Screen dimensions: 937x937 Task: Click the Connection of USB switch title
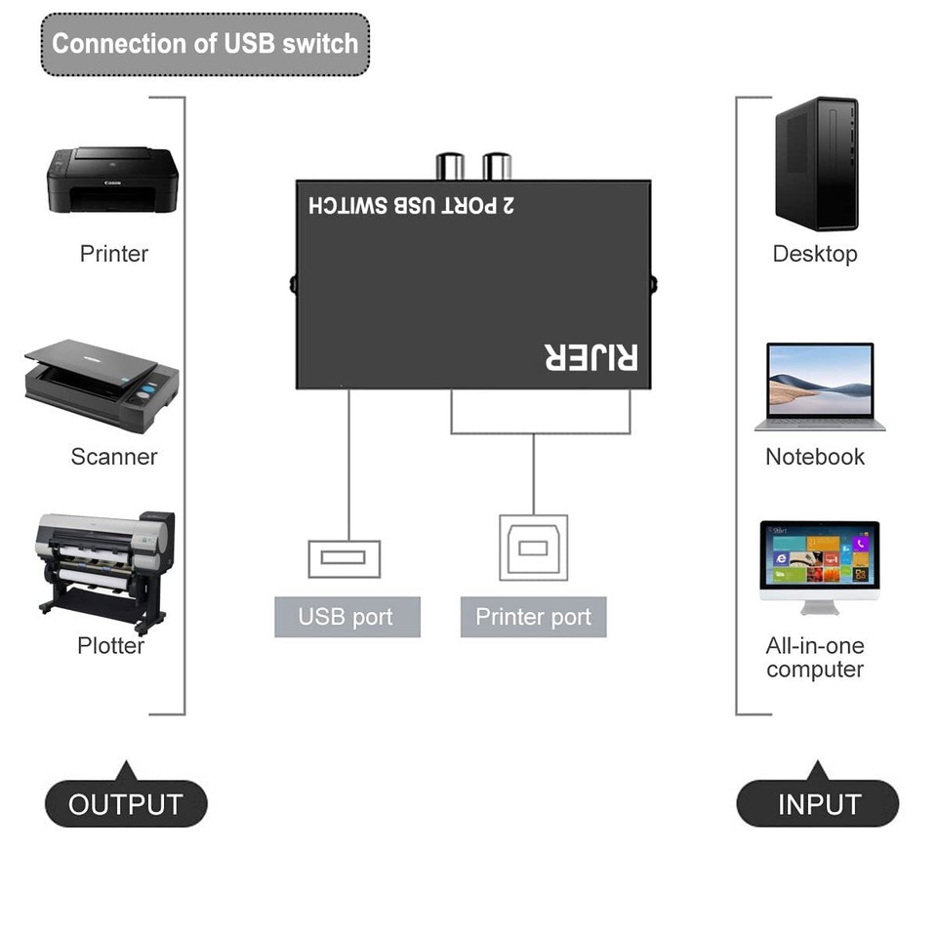[x=205, y=44]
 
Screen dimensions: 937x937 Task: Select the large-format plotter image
[x=105, y=570]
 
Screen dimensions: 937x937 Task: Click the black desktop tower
[x=816, y=163]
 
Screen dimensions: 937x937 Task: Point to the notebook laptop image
[x=819, y=387]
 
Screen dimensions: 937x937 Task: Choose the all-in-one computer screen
[x=819, y=554]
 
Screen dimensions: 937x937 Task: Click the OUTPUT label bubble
[x=126, y=805]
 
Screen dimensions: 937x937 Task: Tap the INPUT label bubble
[x=818, y=805]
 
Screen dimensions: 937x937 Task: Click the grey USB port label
[x=346, y=617]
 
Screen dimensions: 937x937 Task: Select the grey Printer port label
[x=533, y=617]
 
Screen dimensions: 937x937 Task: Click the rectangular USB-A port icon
[x=344, y=558]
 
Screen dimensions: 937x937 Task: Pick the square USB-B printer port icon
[x=533, y=548]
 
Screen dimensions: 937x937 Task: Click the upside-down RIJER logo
[x=591, y=357]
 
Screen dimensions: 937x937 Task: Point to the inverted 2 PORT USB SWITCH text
[x=411, y=206]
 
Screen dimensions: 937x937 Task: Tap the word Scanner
[x=113, y=457]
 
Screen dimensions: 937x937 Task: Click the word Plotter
[x=110, y=646]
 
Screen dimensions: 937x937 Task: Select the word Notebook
[x=815, y=457]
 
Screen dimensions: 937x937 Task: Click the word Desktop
[x=815, y=254]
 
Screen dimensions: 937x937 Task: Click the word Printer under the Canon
[x=113, y=254]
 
